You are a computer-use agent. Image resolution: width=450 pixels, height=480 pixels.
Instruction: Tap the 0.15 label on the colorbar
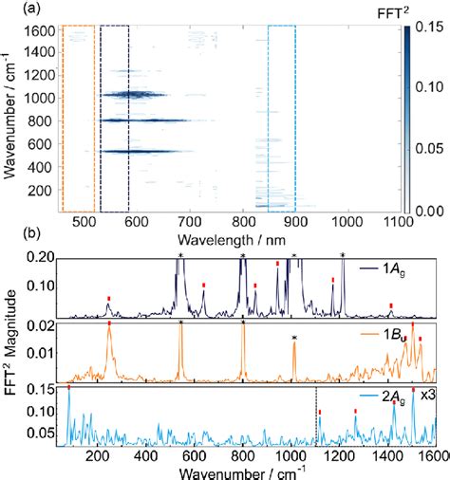[430, 30]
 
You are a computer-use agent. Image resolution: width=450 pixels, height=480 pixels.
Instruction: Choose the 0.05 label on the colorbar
[430, 150]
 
